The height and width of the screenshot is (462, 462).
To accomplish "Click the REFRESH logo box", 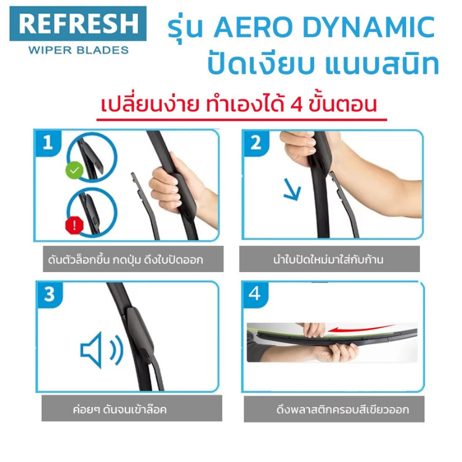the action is [x=78, y=24].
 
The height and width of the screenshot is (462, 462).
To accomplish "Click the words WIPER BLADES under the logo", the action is [x=79, y=50].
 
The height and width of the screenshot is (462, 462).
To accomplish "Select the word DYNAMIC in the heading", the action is [x=368, y=27].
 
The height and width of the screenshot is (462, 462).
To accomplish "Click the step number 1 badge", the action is [x=48, y=143].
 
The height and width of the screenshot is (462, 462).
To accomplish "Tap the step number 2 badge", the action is [x=256, y=143].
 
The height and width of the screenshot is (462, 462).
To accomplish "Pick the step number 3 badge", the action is [x=50, y=295].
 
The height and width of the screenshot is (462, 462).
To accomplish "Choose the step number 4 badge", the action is [x=255, y=295].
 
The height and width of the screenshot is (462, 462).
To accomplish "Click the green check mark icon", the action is [x=74, y=170].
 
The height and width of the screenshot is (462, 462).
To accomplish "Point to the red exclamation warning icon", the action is [x=74, y=225].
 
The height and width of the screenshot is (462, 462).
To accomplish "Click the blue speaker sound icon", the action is [x=102, y=350].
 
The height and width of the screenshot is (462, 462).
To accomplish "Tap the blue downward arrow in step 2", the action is [x=292, y=189].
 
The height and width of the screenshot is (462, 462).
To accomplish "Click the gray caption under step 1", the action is [x=133, y=259].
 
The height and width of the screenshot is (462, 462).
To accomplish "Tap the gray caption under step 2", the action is [x=329, y=259].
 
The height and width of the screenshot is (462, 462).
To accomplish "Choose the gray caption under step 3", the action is [x=132, y=408].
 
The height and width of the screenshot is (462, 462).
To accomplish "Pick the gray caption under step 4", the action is [x=334, y=409].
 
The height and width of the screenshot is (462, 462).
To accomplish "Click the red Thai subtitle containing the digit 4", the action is [x=239, y=104].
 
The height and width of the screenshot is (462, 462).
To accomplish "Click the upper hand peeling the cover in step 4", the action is [x=312, y=329].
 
